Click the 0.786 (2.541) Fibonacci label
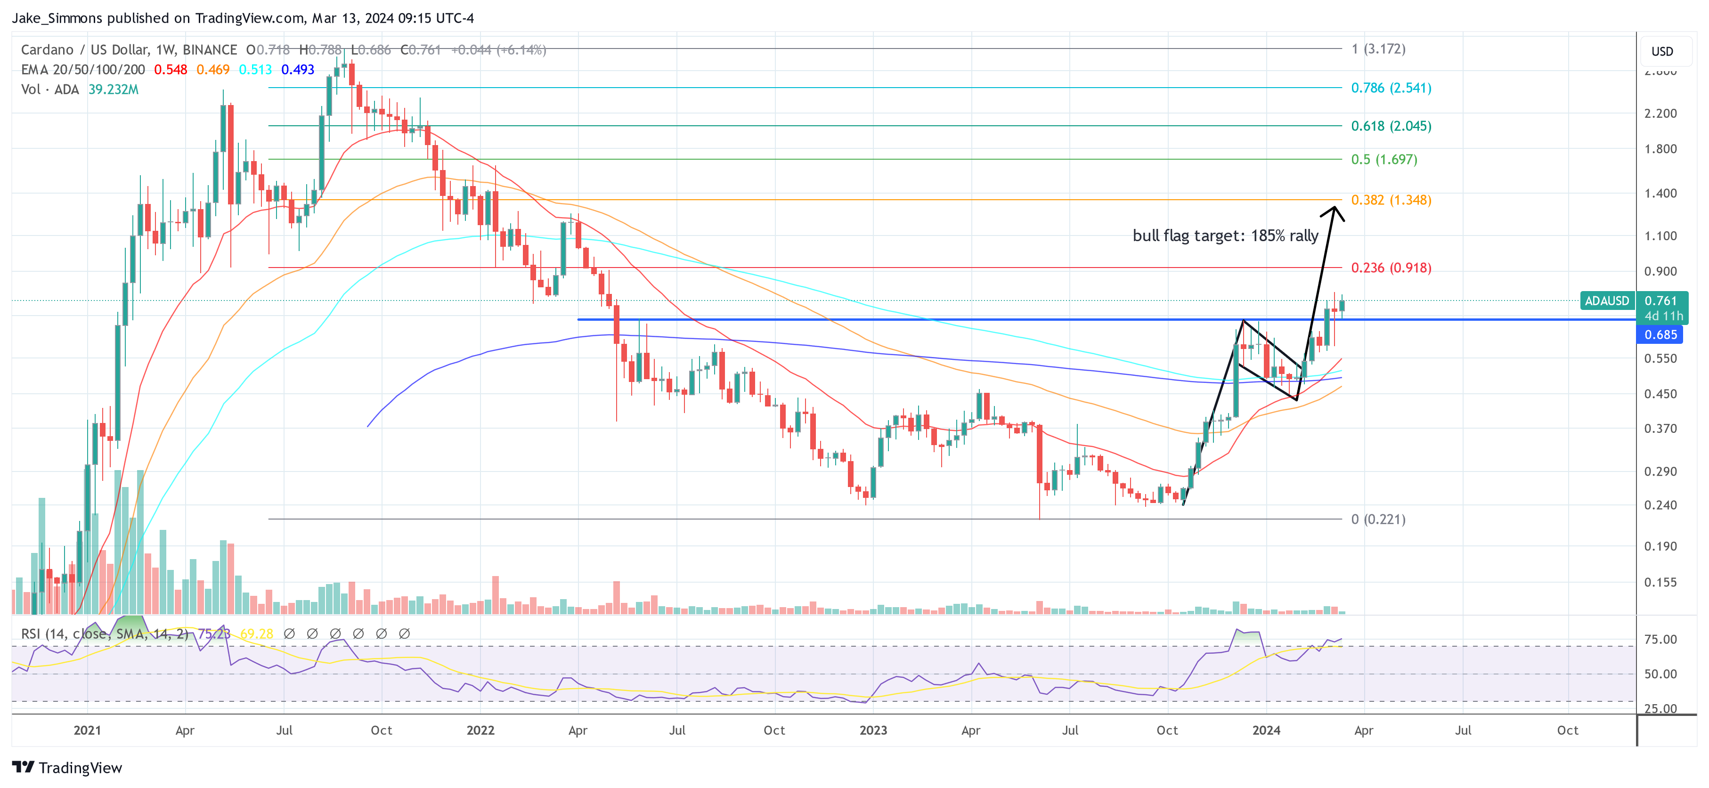1391,88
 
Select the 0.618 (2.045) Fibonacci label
1391,126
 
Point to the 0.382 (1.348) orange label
1391,200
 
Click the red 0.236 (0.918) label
1391,268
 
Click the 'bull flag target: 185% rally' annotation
1225,236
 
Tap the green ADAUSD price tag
1606,301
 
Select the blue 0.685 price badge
1660,335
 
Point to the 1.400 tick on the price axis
1660,194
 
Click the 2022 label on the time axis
480,730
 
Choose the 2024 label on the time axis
1266,730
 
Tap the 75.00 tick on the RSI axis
1660,640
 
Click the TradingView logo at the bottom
67,767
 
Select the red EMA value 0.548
171,70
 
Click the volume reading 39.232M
114,89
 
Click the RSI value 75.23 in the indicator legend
214,634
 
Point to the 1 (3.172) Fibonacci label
1378,49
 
